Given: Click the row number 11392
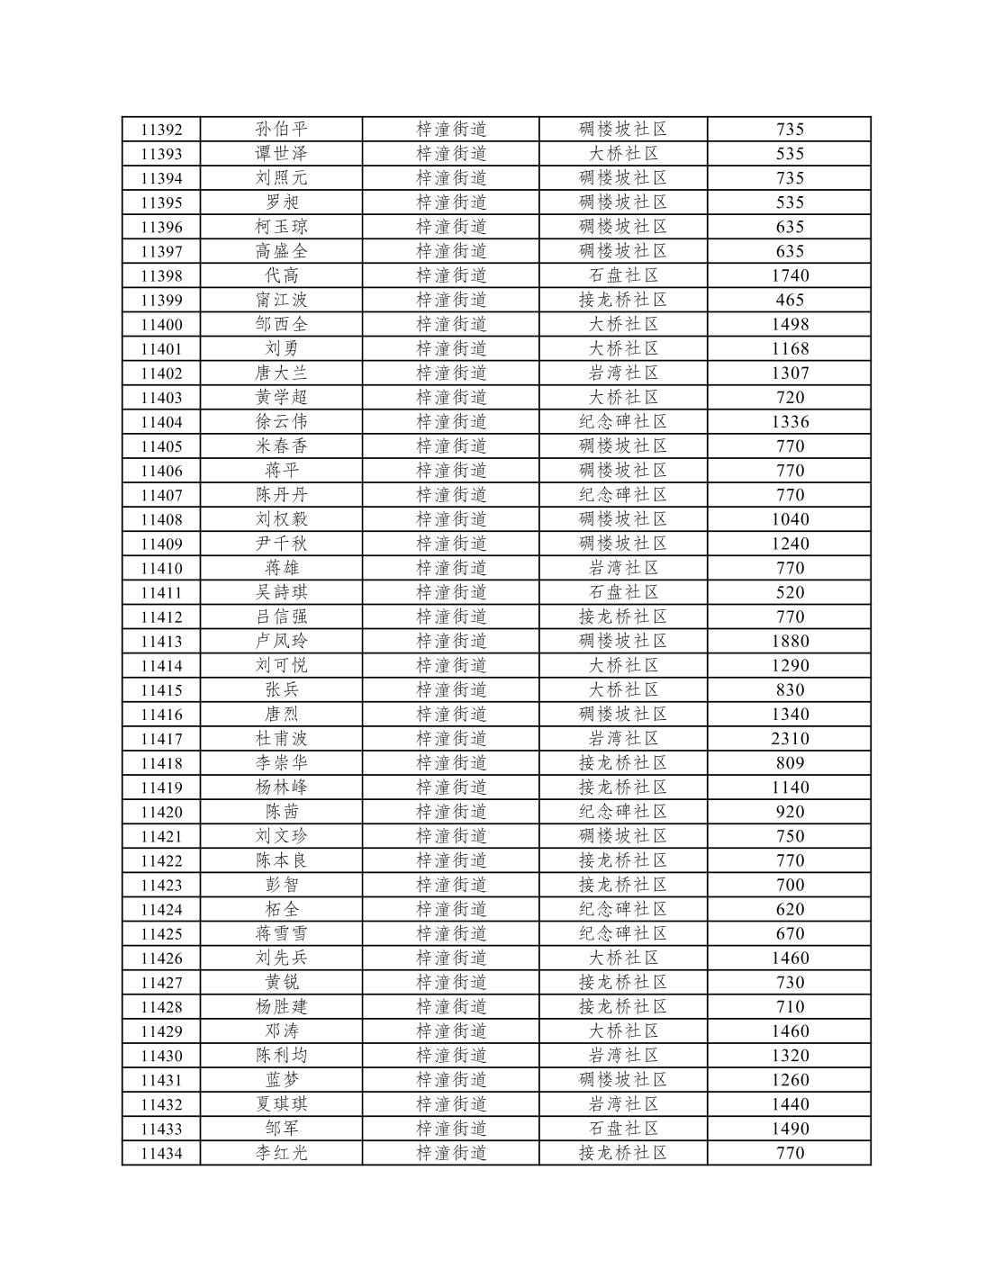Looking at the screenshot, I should click(x=161, y=130).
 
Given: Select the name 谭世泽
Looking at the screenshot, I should click(x=281, y=154).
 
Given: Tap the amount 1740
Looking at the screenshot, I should click(x=790, y=275).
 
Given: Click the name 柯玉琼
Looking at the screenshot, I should click(x=281, y=227).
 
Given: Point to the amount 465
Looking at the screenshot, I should click(x=790, y=300).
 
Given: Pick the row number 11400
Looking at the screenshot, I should click(x=161, y=324).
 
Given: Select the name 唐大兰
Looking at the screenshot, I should click(x=281, y=373).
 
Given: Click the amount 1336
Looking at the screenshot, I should click(x=790, y=421).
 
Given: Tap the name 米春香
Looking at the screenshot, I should click(x=281, y=445).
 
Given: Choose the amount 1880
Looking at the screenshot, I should click(x=790, y=641).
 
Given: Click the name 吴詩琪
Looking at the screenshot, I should click(x=281, y=592).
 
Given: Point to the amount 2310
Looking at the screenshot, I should click(x=790, y=738).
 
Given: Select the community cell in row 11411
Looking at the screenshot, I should click(x=623, y=592).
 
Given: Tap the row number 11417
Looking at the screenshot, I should click(x=161, y=738).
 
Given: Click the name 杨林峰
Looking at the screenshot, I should click(x=281, y=787).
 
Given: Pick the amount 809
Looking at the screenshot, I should click(x=790, y=762).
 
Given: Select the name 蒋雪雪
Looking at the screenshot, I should click(x=281, y=933).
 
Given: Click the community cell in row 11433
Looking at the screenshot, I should click(x=623, y=1128).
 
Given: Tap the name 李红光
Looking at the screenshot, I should click(x=281, y=1152).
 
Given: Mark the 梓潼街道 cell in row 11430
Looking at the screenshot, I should click(x=451, y=1055).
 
